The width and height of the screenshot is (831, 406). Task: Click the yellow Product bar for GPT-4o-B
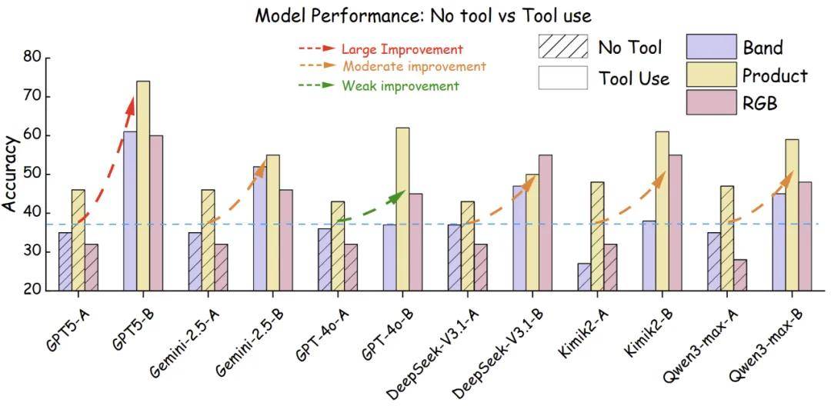click(x=402, y=208)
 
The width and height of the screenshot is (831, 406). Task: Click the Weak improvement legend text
click(x=400, y=86)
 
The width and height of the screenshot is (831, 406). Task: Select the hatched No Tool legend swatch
click(x=562, y=47)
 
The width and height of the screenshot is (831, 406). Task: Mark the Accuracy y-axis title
click(x=11, y=175)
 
